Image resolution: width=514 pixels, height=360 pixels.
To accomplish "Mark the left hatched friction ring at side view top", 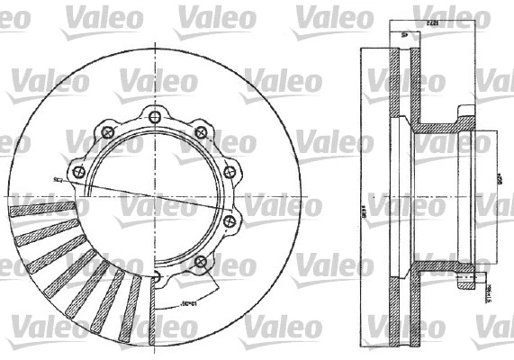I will [x=393, y=81].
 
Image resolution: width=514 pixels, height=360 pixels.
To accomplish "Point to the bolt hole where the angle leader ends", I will [x=200, y=262].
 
